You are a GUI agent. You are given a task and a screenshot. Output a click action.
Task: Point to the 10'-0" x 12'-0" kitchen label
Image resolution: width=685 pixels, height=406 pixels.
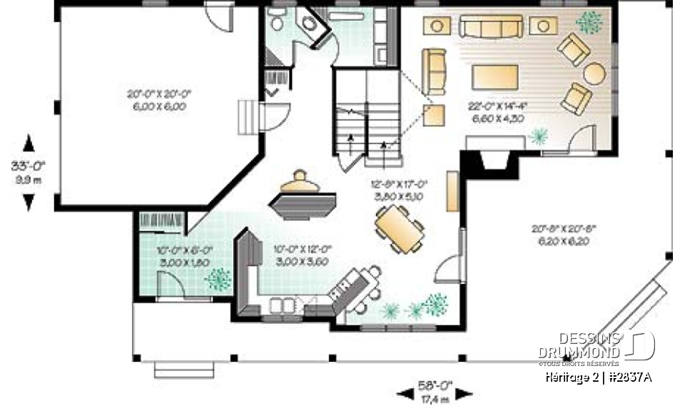(302, 255)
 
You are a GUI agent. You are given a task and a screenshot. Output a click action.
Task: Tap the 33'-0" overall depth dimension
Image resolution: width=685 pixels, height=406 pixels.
(28, 172)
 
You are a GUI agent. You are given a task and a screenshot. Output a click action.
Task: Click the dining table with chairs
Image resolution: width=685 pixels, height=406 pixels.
(399, 229)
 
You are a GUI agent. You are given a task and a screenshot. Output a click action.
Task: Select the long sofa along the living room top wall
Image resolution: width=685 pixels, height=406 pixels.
(490, 27)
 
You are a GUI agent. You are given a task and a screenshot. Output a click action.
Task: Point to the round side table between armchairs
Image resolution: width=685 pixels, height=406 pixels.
(594, 73)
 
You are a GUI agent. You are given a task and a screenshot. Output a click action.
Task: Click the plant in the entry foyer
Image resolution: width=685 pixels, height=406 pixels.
(219, 279)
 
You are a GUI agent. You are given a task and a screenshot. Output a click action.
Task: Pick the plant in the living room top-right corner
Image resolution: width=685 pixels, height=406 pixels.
(589, 23)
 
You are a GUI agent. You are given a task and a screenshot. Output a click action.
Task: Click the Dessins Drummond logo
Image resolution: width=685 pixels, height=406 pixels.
(596, 345)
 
